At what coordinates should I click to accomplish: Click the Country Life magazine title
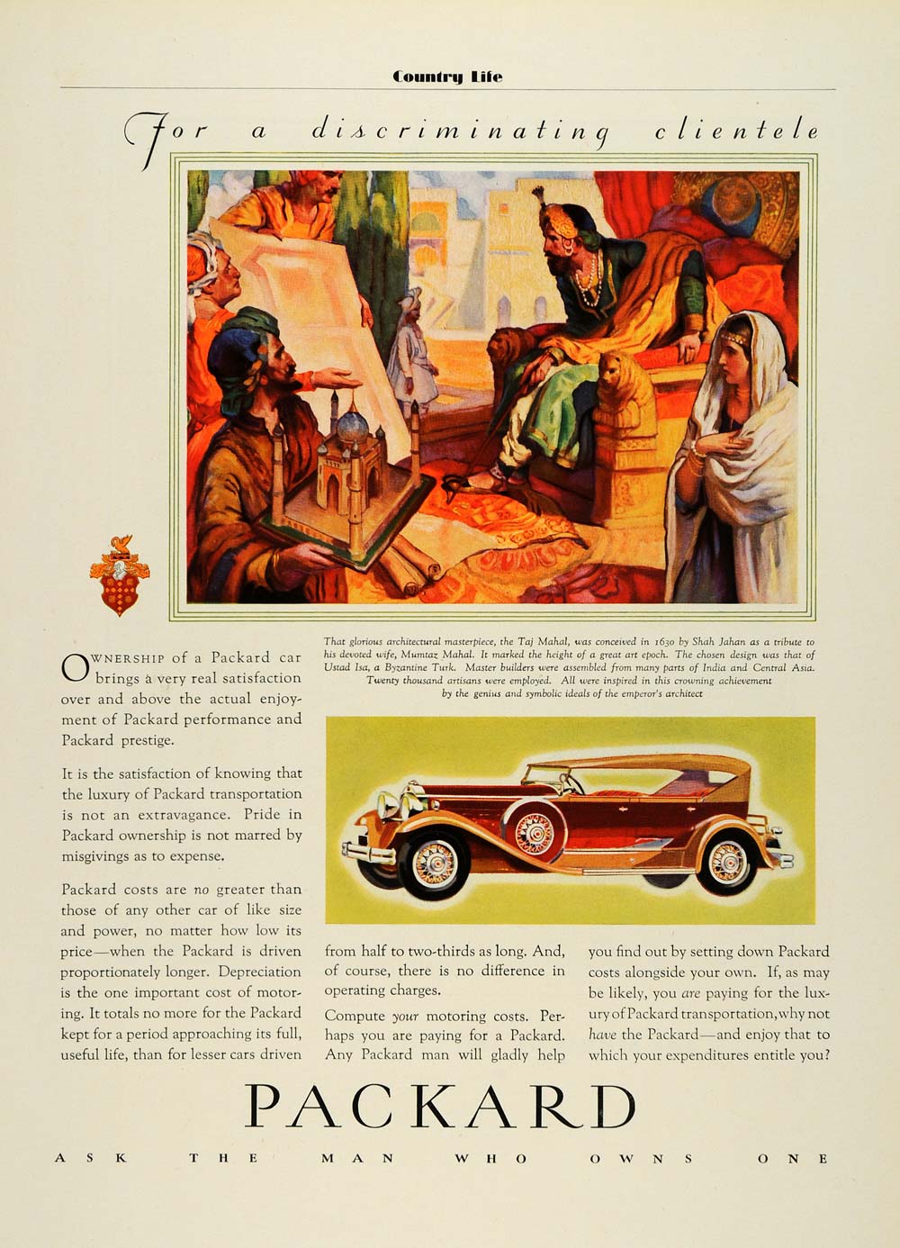click(447, 77)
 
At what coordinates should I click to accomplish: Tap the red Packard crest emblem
click(119, 577)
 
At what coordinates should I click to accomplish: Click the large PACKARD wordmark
click(440, 1107)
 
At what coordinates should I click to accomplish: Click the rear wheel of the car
click(727, 860)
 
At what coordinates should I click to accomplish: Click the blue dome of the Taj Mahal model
click(353, 423)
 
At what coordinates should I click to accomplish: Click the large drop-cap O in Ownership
click(74, 666)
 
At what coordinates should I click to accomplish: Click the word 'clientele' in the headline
click(736, 131)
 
